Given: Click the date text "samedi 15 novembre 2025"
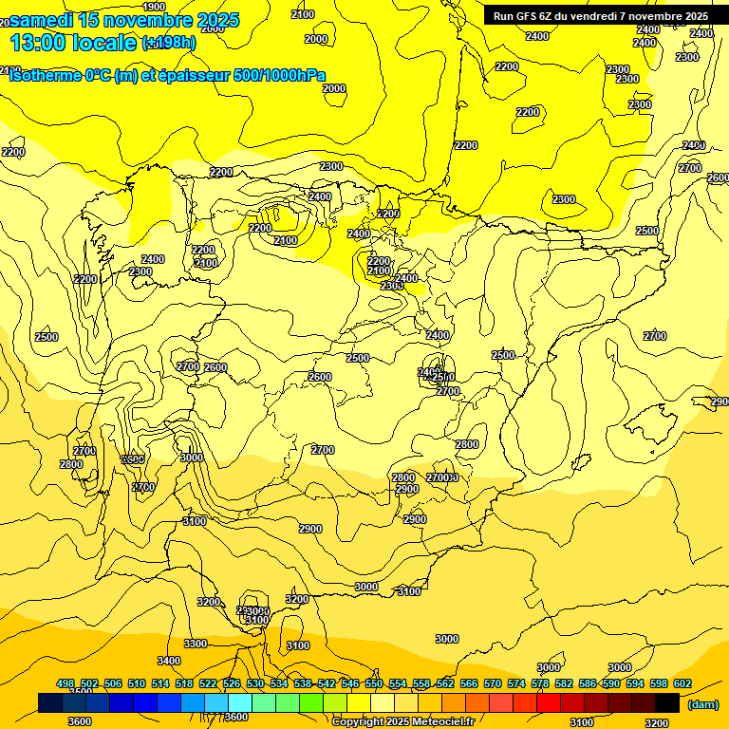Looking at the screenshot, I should coord(124,20).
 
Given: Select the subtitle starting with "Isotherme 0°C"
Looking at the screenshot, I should coord(167,76).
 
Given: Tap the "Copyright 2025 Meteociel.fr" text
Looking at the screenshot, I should coord(403,721).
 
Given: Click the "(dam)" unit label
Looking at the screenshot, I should coord(702,703).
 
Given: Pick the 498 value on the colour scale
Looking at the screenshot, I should coord(65,683).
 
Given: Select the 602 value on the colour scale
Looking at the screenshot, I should coord(682,683).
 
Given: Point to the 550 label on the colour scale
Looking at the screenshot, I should coord(374,683).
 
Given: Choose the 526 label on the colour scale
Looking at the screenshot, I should coord(232,683).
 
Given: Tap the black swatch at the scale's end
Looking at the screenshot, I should coord(667,702).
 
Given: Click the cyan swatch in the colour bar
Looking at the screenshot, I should coord(240,702).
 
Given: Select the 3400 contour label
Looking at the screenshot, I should coord(169,661).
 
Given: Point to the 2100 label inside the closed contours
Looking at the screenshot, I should coord(285,241).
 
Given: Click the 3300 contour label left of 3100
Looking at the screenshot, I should coord(196,644).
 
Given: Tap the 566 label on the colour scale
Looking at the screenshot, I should coord(469,683).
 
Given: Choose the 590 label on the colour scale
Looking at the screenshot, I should coord(611,683).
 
